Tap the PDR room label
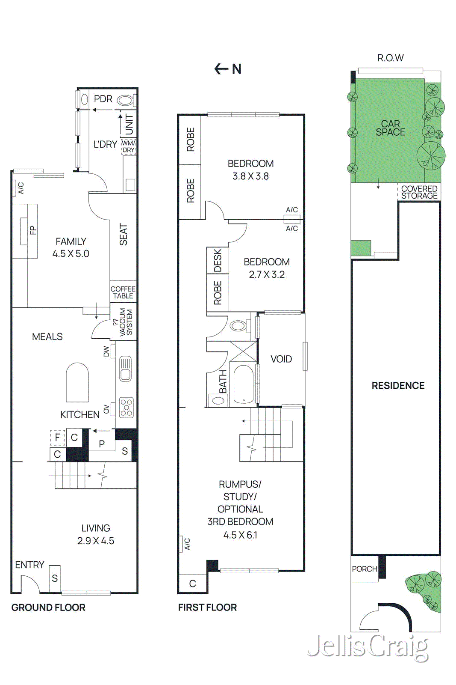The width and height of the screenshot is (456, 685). [x=103, y=99]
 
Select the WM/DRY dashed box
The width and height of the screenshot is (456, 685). [x=128, y=146]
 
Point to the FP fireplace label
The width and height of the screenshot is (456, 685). [x=33, y=230]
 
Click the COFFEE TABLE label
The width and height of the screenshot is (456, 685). [x=123, y=292]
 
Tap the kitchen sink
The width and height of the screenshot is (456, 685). [x=126, y=369]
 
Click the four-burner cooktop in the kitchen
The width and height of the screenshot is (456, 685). [x=126, y=408]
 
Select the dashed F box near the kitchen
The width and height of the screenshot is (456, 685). [x=57, y=438]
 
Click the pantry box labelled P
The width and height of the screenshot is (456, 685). [x=102, y=444]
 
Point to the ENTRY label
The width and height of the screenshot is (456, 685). [x=29, y=565]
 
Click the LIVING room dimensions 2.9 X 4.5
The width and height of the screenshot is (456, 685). [x=96, y=541]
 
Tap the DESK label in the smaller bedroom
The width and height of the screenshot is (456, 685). [x=218, y=260]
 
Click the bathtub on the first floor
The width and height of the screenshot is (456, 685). [x=244, y=384]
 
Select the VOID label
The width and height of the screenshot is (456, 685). [x=281, y=359]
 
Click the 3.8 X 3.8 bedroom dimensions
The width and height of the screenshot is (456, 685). [x=250, y=176]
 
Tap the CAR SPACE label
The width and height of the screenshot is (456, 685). [x=390, y=128]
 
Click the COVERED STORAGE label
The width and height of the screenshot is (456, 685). [x=419, y=192]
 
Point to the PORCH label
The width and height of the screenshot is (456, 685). [x=365, y=569]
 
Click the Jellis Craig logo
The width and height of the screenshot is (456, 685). [x=368, y=646]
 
